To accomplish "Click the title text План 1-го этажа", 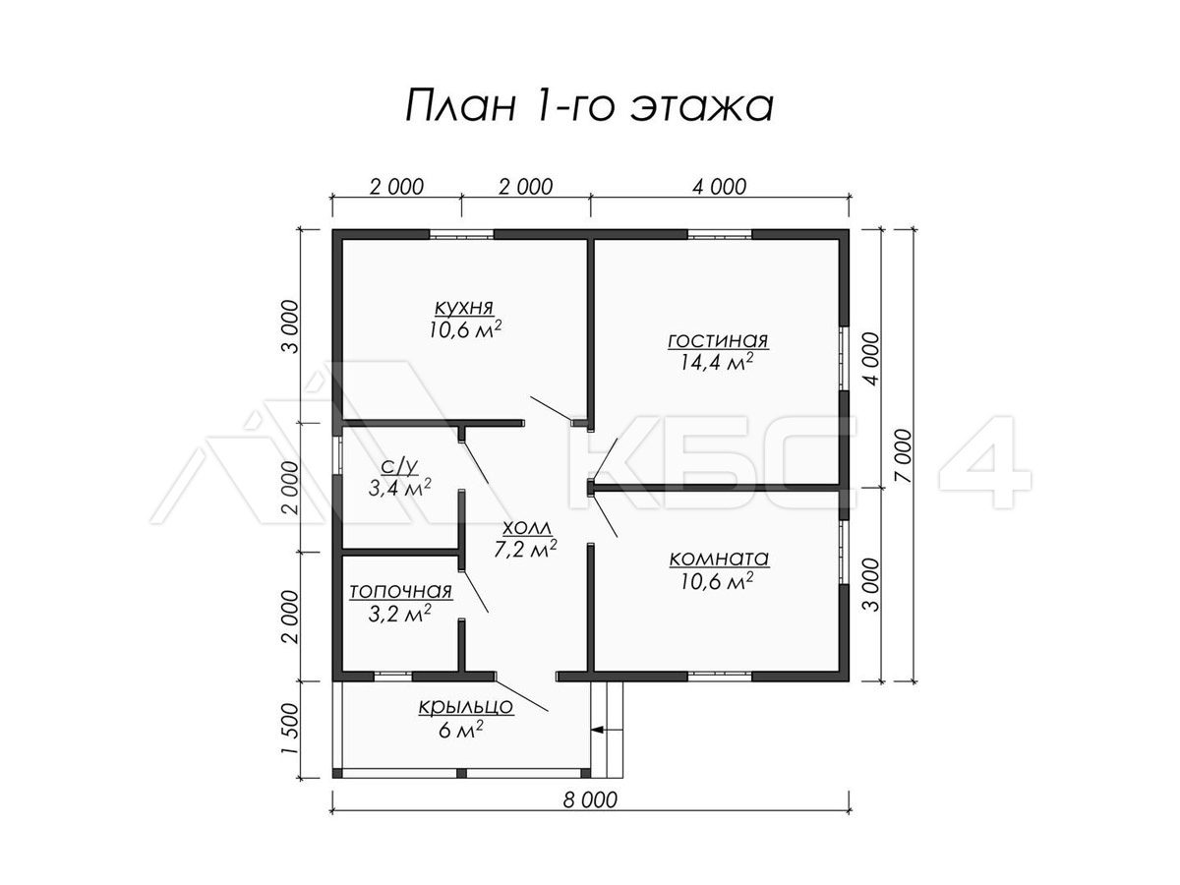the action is [x=590, y=105].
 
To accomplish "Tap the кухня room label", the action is [x=464, y=308].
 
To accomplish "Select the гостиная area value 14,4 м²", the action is [x=717, y=362].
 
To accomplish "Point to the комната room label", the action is [x=719, y=559].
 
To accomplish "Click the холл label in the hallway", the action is [x=527, y=528].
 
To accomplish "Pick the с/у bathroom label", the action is [x=399, y=466].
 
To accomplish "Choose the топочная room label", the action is [x=400, y=591].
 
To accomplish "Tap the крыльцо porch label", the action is [x=466, y=707].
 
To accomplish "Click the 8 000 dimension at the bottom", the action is [x=590, y=815].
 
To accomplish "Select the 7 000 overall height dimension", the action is [x=904, y=455].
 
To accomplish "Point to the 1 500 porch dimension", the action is [x=289, y=730].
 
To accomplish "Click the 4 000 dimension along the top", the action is [x=719, y=187].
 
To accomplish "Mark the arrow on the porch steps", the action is [x=607, y=730].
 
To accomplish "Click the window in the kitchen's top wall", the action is [x=461, y=234].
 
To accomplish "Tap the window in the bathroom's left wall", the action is [x=337, y=454].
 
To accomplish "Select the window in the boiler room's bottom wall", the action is [x=393, y=676].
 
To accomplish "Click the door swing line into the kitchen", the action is [x=551, y=409].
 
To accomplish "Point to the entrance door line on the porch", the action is [x=521, y=696].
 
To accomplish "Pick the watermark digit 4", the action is [x=985, y=462].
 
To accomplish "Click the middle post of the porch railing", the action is [x=461, y=773].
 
